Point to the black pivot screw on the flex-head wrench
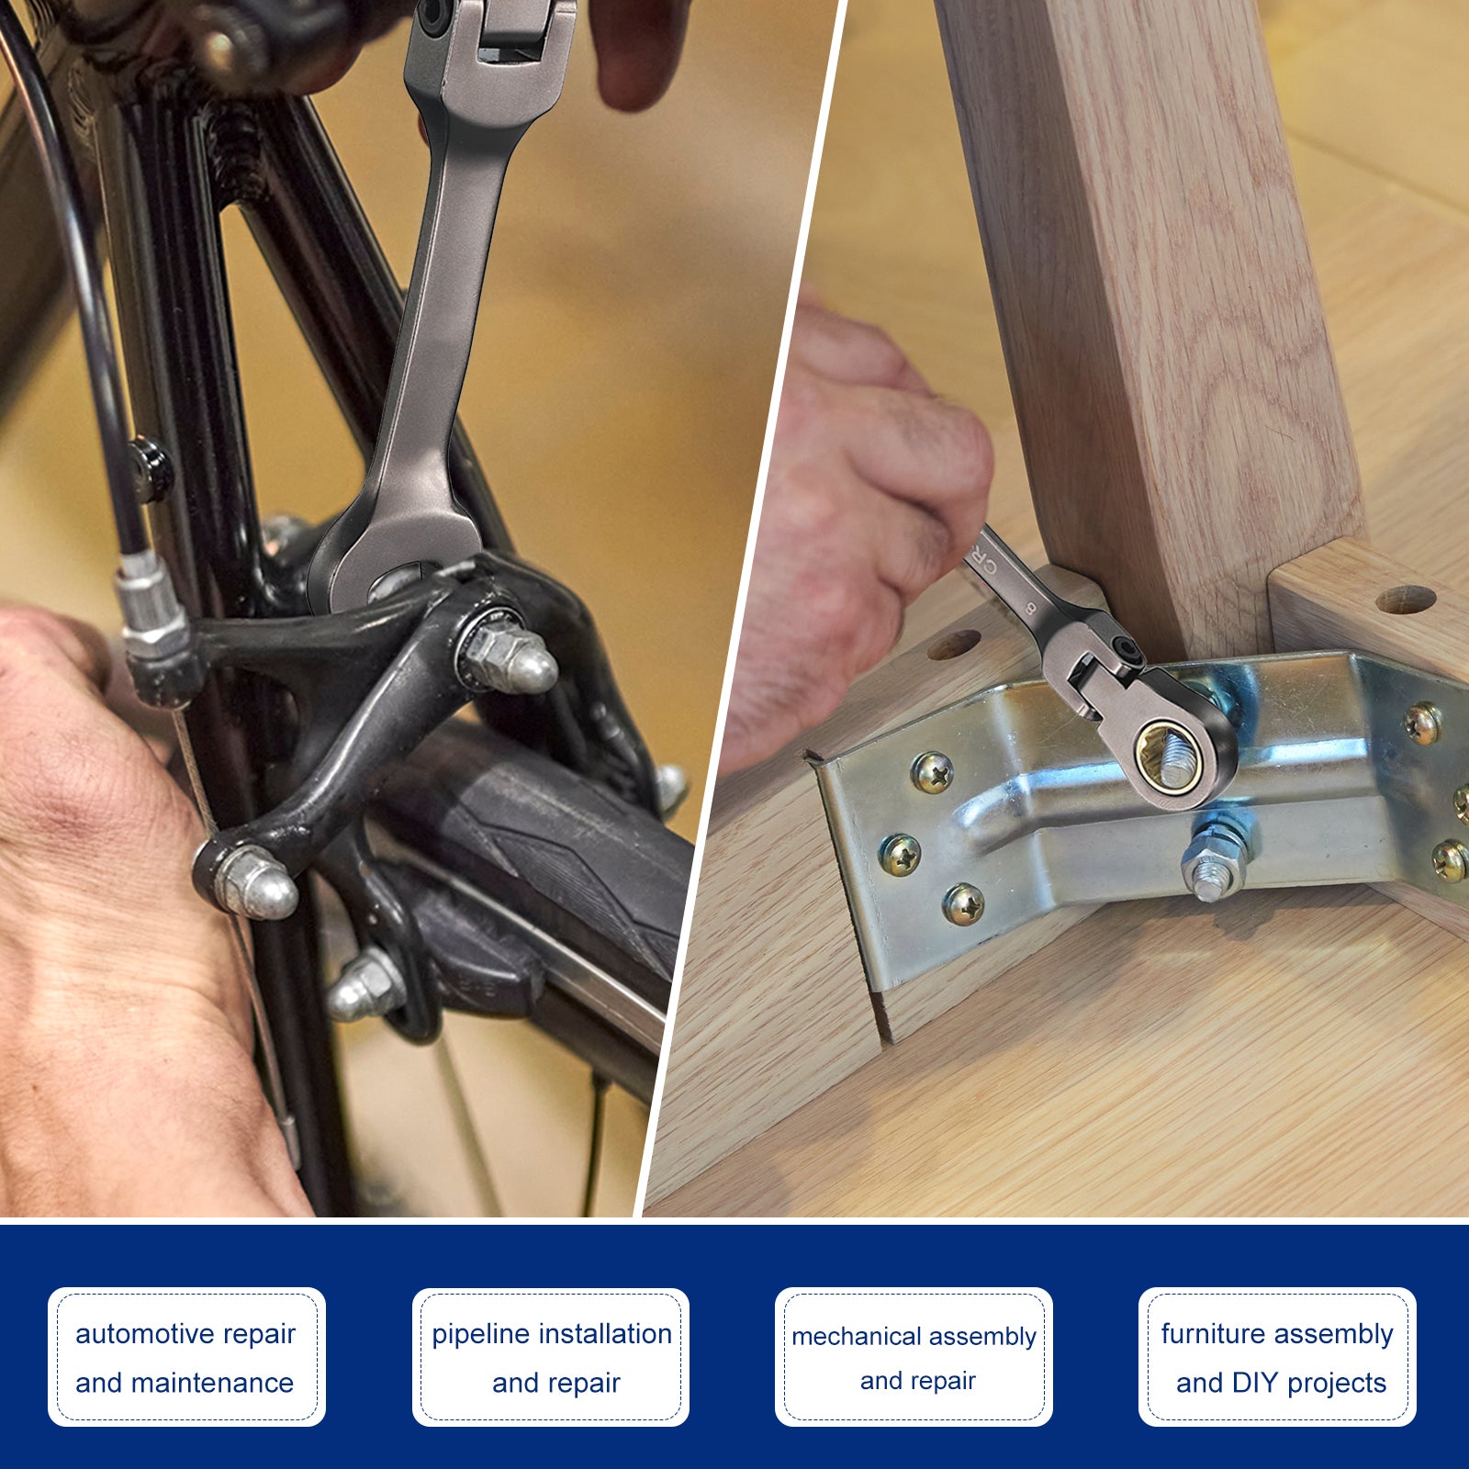point(1126,653)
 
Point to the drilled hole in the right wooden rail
point(1406,600)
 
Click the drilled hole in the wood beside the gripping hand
point(953,645)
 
